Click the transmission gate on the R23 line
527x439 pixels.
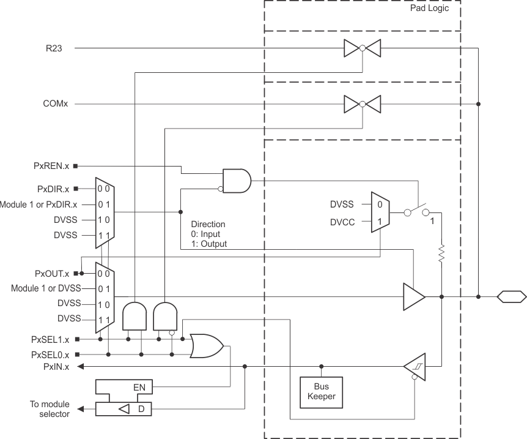[362, 48]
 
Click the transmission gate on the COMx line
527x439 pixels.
[362, 104]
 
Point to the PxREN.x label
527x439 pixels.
[51, 166]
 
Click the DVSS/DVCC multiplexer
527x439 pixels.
[380, 212]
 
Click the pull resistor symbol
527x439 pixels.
[441, 253]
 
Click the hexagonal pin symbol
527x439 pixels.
[511, 297]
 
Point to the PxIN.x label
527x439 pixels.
[56, 367]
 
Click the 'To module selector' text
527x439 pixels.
[50, 409]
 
